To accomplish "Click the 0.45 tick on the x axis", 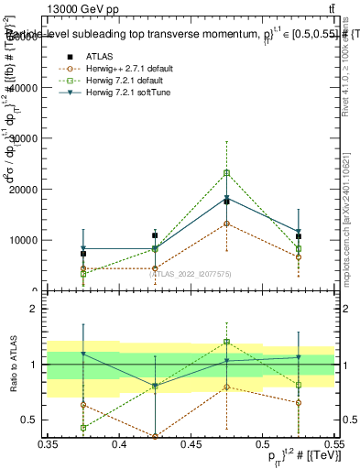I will pyautogui.click(x=191, y=444).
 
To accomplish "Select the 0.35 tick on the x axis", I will pyautogui.click(x=48, y=444).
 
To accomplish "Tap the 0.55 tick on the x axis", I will pyautogui.click(x=333, y=444).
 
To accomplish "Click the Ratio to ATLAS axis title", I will pyautogui.click(x=13, y=365).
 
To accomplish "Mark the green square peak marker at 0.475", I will pyautogui.click(x=227, y=172).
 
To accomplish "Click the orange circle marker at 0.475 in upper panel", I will pyautogui.click(x=227, y=224).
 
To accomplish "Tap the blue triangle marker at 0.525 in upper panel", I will pyautogui.click(x=299, y=232).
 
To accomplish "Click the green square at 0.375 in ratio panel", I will pyautogui.click(x=83, y=428).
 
